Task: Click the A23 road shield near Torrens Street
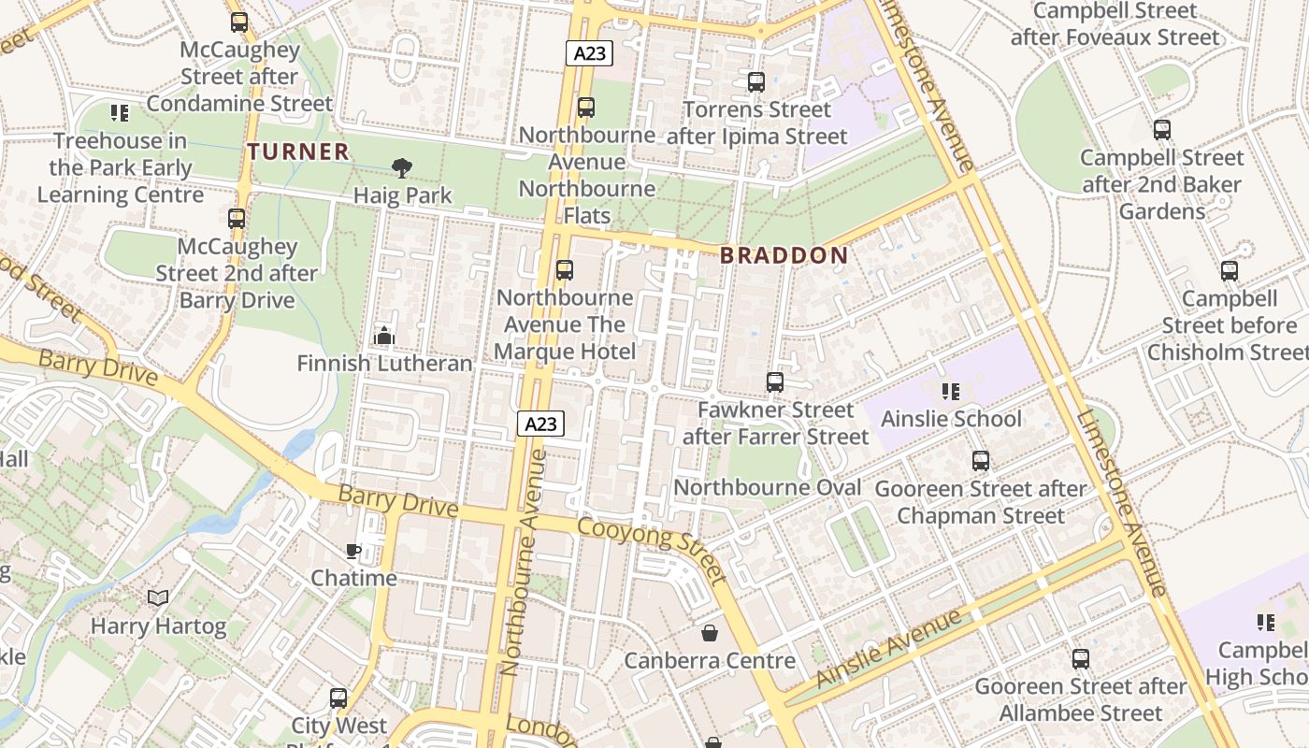tap(589, 53)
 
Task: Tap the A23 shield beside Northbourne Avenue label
tap(540, 424)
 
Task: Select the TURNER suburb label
tap(298, 151)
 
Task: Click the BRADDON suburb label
tap(784, 255)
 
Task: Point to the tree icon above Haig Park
tap(402, 168)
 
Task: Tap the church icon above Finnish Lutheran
tap(383, 335)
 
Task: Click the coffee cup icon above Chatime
tap(353, 551)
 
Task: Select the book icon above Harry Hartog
tap(158, 597)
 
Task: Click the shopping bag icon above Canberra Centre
tap(710, 633)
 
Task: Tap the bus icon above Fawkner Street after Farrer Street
tap(774, 381)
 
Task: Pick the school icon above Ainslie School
tap(950, 391)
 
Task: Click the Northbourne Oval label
tap(767, 487)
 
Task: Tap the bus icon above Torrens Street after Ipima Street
tap(756, 82)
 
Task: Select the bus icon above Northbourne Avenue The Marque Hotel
tap(564, 270)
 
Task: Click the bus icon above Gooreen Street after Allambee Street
tap(1080, 658)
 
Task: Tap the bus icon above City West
tap(338, 698)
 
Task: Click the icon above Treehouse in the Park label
tap(119, 113)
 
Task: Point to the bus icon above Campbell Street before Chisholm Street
tap(1229, 271)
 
